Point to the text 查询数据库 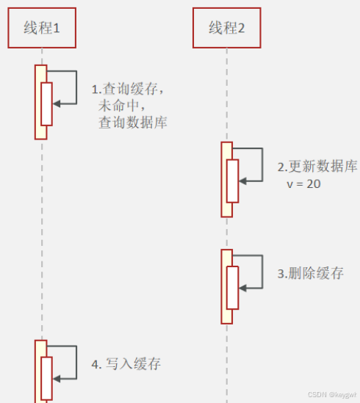click(x=133, y=123)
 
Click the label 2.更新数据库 click(x=317, y=167)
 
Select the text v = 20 click(x=303, y=184)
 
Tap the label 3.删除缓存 click(x=310, y=273)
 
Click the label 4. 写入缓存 click(x=126, y=364)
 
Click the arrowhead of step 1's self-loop click(x=57, y=104)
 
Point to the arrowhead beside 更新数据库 click(x=242, y=181)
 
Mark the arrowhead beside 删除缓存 click(x=242, y=288)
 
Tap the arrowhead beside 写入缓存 click(x=57, y=379)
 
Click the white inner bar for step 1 click(x=46, y=104)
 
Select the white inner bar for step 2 click(x=233, y=181)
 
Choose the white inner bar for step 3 click(x=233, y=288)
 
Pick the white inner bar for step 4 click(x=46, y=379)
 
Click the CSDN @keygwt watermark click(x=332, y=394)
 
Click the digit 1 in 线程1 click(x=57, y=29)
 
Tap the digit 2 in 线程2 click(x=241, y=29)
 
